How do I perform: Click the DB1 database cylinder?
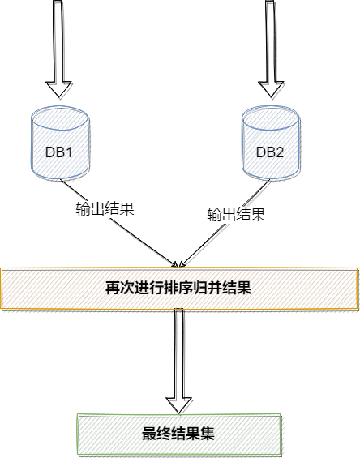coord(60,143)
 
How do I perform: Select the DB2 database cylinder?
coord(271,143)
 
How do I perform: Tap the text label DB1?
coord(58,152)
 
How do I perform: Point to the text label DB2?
coord(270,152)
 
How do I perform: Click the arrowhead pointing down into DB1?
coord(59,89)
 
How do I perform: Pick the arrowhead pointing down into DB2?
coord(271,89)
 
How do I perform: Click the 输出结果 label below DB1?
coord(105,208)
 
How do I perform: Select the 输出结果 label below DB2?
coord(237,214)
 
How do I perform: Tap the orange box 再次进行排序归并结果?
coord(179,289)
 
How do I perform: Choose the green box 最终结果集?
coord(179,434)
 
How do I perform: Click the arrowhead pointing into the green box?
coord(179,405)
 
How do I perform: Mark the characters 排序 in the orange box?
coord(178,288)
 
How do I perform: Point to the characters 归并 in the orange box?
coord(208,288)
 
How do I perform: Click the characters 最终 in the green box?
coord(156,434)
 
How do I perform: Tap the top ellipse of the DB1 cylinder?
coord(60,118)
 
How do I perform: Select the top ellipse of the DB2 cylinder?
coord(271,118)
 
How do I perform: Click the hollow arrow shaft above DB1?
coord(58,41)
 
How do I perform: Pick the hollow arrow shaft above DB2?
coord(270,41)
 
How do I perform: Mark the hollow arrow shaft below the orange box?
coord(179,353)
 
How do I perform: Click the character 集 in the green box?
coord(208,434)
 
